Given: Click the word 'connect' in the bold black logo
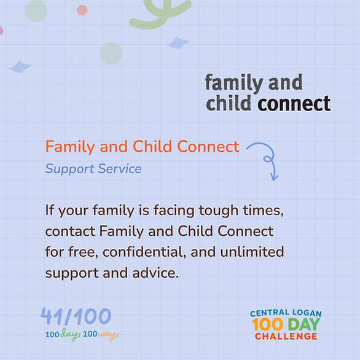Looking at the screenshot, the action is point(294,104).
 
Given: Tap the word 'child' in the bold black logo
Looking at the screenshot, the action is point(229,103).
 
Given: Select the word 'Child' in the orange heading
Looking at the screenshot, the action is point(152,146).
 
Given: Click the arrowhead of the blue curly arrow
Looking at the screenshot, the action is point(274,178).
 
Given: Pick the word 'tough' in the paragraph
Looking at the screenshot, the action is point(218,211).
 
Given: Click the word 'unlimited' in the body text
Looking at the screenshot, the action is point(252,252).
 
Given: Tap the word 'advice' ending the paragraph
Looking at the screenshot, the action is point(155,273).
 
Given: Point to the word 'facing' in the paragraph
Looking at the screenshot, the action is point(174,211).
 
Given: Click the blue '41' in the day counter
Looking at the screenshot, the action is point(52,316).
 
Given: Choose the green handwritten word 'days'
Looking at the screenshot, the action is point(71,335).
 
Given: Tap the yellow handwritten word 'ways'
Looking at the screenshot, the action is point(109,335).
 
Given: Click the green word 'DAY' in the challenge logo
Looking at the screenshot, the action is point(304,324).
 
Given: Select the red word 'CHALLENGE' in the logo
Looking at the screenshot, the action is point(286,337).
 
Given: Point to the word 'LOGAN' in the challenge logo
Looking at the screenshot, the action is point(307,313).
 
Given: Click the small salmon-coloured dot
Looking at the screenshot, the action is point(82,10).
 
